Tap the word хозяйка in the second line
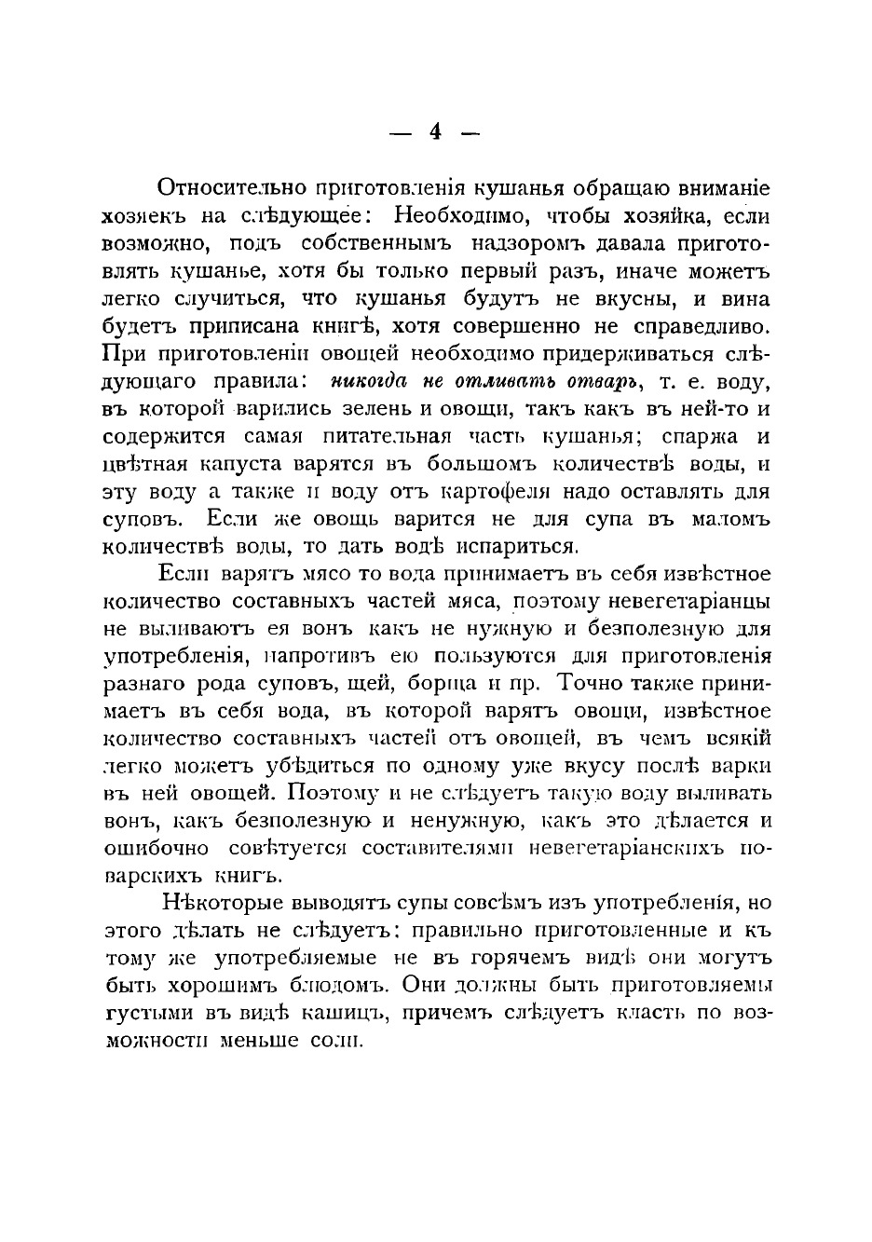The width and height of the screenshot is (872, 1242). click(658, 214)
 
